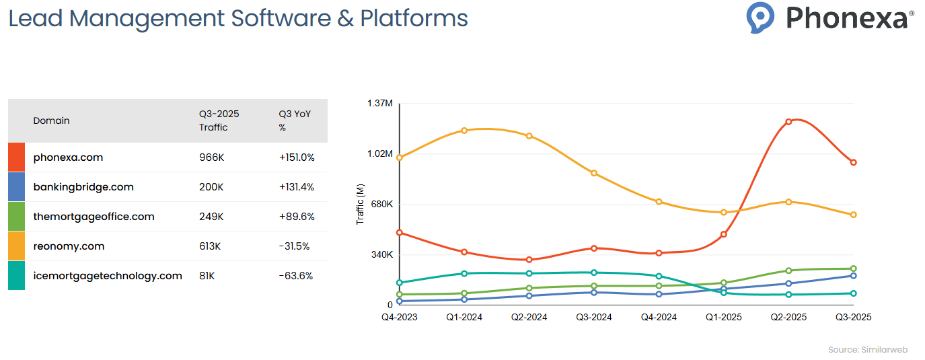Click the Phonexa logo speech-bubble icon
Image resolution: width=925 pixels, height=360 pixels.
point(760,17)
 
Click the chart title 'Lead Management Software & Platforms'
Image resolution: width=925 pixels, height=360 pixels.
point(238,18)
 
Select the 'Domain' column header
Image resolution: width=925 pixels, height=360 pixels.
point(52,120)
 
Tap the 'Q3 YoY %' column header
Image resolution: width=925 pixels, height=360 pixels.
point(295,120)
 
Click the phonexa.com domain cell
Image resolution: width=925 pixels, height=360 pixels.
point(68,157)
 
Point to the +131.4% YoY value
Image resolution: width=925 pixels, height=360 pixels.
point(297,187)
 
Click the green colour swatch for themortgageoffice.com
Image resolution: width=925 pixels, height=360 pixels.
point(16,217)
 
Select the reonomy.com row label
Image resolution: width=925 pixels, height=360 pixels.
point(69,246)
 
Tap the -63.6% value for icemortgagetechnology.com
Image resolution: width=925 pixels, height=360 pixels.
point(296,276)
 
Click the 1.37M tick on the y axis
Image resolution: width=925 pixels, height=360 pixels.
point(380,103)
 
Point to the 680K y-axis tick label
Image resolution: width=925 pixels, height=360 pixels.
point(381,204)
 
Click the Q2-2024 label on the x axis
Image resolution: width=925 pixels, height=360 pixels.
point(529,317)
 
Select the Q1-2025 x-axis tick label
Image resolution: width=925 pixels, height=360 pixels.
point(723,317)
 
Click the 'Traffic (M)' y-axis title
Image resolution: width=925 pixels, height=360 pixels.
point(360,204)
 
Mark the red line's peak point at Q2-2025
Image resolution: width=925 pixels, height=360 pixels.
point(788,122)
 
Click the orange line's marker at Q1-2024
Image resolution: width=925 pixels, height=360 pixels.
point(464,130)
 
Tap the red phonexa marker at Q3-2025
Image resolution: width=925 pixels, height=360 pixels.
point(853,162)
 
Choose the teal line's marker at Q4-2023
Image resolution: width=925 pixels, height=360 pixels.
point(400,283)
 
